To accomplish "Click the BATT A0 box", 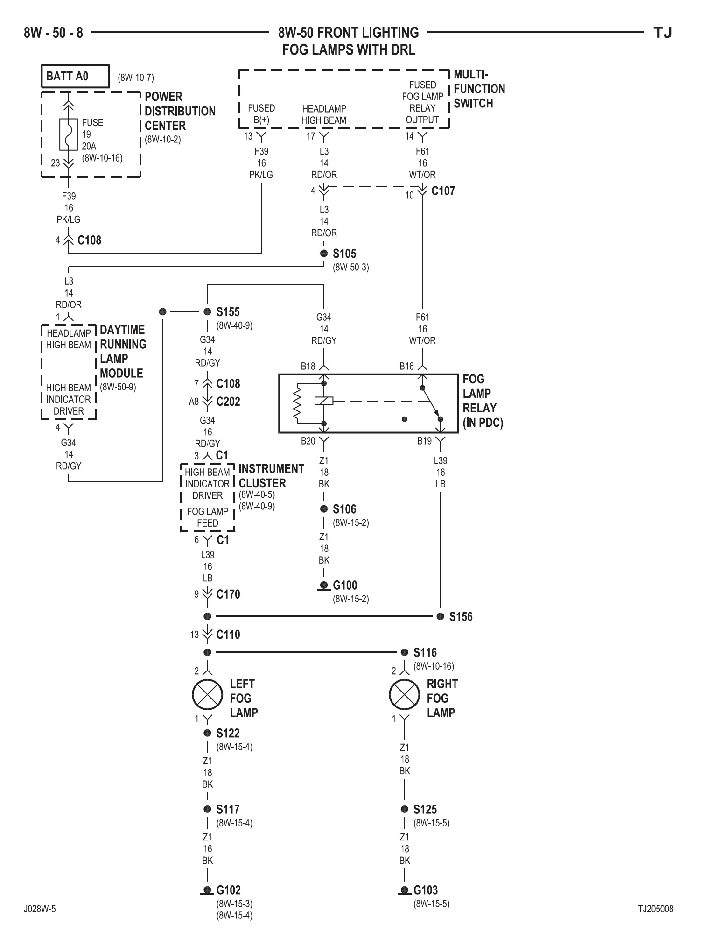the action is click(75, 76).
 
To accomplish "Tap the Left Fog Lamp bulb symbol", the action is click(208, 694).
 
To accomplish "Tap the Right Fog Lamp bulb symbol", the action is click(405, 694).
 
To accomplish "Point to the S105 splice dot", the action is click(324, 254).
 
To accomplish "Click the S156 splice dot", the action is click(440, 616).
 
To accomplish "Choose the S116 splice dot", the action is click(405, 652).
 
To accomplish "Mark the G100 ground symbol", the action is click(323, 586).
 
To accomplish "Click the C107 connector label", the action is click(443, 191).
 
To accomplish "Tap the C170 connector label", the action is click(228, 594).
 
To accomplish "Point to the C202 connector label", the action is click(228, 402).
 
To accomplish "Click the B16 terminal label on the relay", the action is click(406, 367).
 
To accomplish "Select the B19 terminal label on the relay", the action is click(424, 441).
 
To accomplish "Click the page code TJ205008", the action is click(656, 909).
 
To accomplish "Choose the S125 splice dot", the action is click(405, 809).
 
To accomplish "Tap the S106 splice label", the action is click(344, 509).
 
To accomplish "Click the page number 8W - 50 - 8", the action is click(54, 33).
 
